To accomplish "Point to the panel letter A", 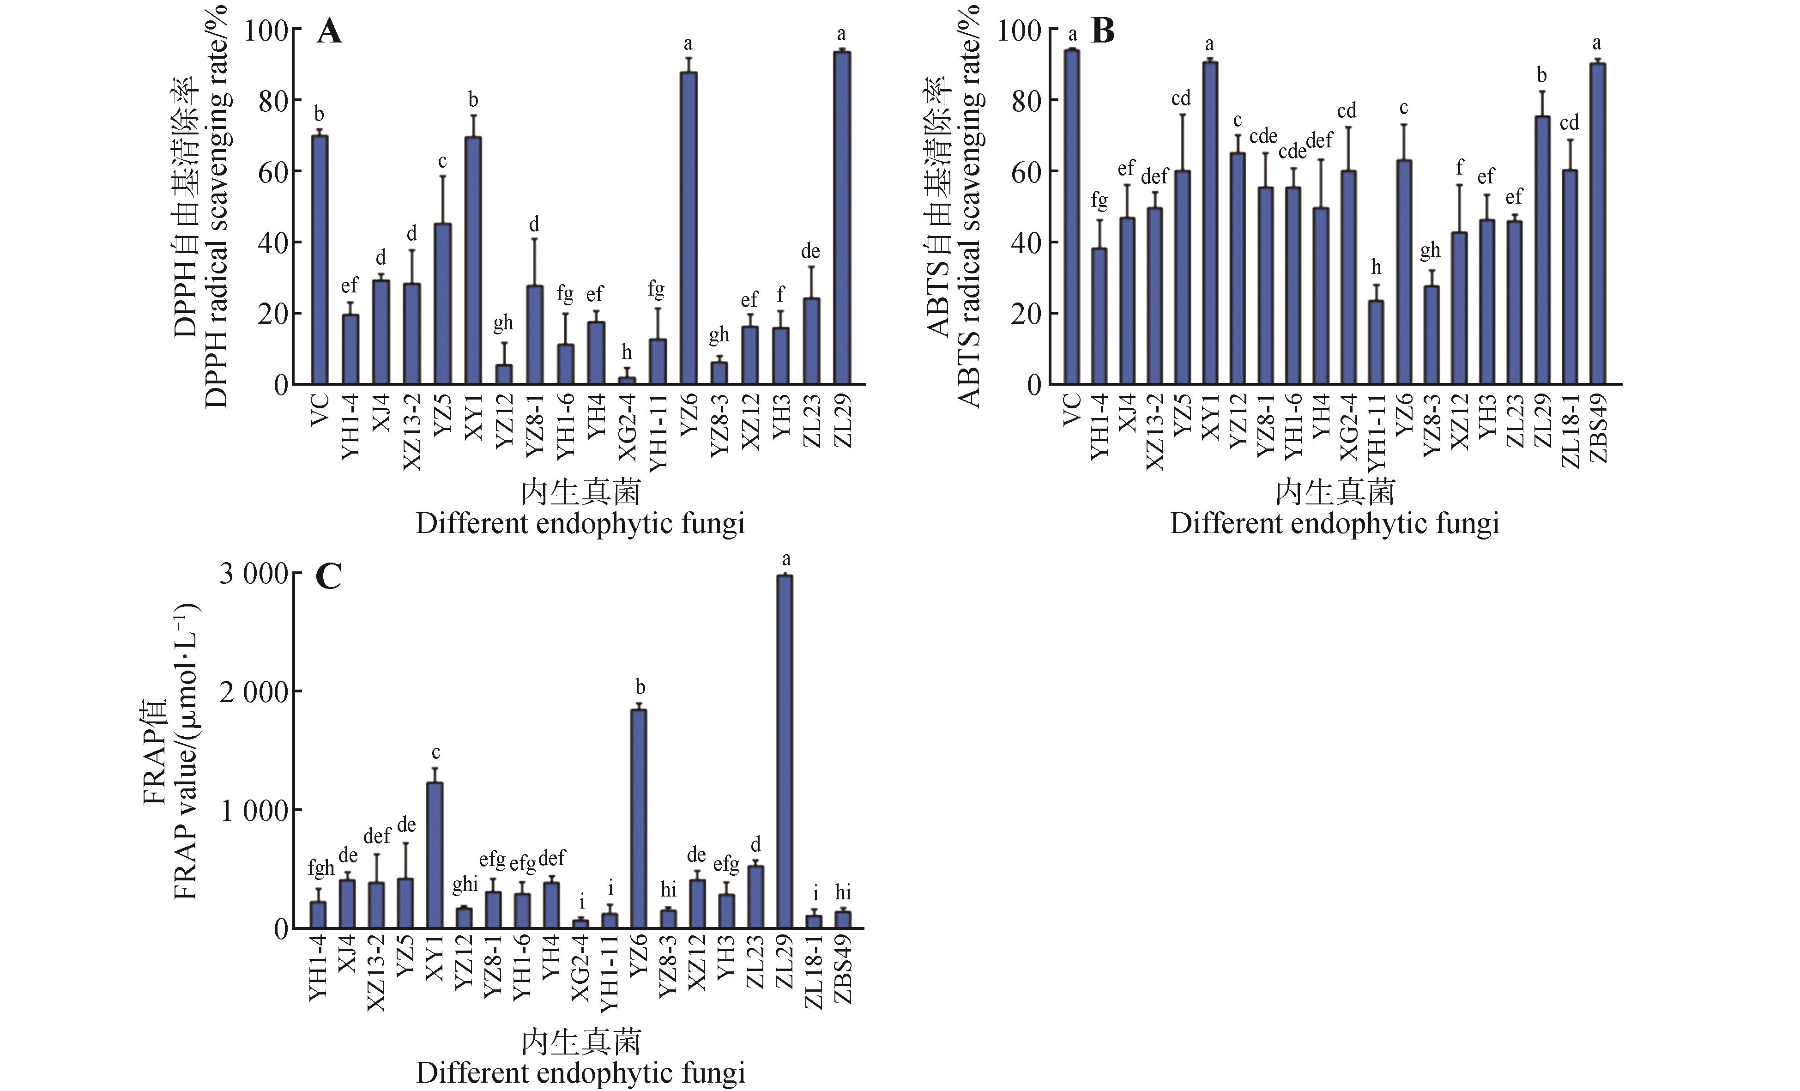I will point(329,33).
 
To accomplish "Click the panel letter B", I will point(1102,33).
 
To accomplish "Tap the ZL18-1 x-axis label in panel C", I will point(815,976).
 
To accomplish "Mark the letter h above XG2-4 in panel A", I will point(627,353).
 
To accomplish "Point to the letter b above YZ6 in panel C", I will point(640,688).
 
